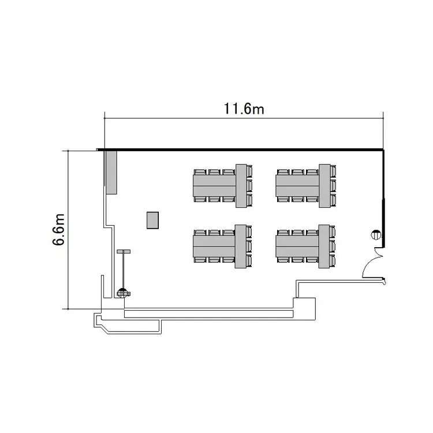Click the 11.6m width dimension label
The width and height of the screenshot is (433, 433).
[x=244, y=109]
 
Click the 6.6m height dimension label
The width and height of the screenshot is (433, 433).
[x=58, y=229]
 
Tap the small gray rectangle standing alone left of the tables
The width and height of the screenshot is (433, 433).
[x=152, y=220]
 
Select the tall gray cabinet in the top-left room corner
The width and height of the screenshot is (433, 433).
[x=111, y=172]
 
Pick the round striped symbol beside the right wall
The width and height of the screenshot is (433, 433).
[x=376, y=235]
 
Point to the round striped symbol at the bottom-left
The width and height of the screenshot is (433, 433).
[x=123, y=293]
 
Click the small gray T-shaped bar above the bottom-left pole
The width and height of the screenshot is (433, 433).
[x=124, y=251]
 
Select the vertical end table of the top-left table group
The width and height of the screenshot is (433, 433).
[x=241, y=186]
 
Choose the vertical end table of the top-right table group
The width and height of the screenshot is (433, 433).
[x=324, y=186]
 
